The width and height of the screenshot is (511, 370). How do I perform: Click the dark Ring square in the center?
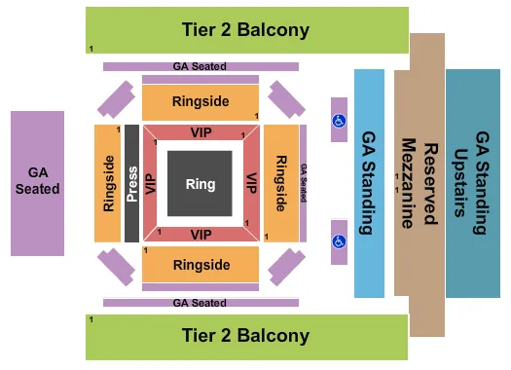pos(201,183)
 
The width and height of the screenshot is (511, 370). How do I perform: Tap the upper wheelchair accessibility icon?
pos(339,121)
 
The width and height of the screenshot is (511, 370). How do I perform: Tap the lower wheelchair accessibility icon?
pos(339,237)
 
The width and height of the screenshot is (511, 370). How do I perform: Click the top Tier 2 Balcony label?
pos(245,30)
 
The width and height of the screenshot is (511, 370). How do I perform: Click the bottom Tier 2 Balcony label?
pos(245,336)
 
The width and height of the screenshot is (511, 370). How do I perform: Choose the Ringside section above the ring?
pos(201,101)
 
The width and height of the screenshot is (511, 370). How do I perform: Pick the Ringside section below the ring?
pos(201,264)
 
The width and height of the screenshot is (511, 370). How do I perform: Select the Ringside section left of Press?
pos(107,183)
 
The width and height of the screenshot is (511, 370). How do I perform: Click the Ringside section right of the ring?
pos(280,183)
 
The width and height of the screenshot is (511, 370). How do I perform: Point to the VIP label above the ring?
pos(201,132)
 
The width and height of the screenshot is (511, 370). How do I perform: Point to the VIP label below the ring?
pos(201,235)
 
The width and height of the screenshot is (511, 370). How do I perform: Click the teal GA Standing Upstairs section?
pos(474,183)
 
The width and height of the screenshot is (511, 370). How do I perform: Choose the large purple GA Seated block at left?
pos(37,182)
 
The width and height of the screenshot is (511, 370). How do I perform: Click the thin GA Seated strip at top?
pos(200,66)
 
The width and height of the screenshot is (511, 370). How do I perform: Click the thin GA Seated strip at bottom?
pos(200,303)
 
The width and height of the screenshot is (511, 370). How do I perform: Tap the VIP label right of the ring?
pos(250,183)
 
